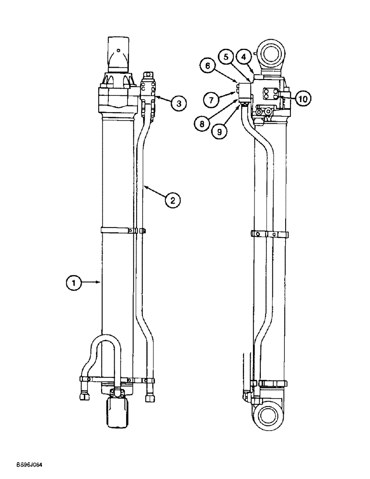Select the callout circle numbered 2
[173, 200]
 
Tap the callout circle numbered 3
[178, 103]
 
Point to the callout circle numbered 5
[226, 57]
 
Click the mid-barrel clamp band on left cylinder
[117, 231]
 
